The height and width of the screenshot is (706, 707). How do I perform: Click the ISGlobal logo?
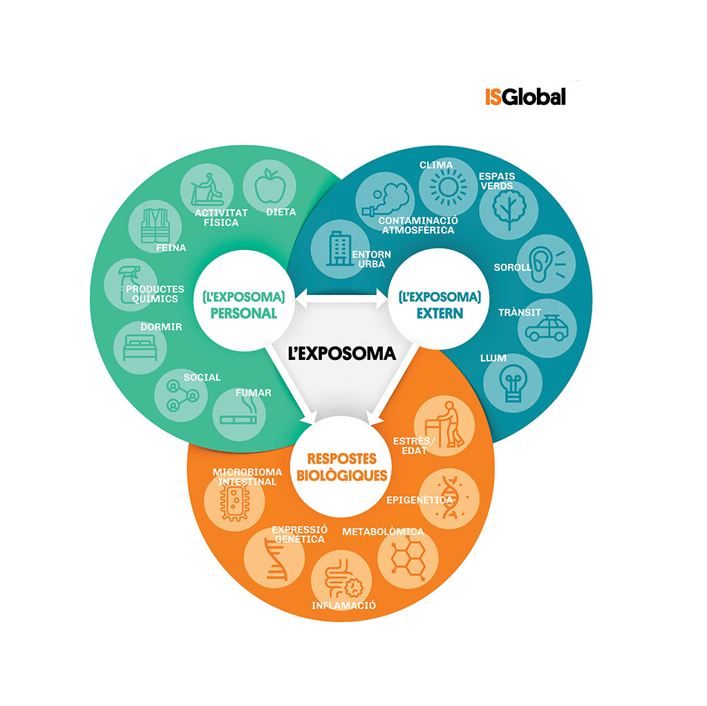[525, 97]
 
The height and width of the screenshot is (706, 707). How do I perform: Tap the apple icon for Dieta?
[270, 186]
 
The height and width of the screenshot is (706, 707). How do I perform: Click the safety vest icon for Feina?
[155, 225]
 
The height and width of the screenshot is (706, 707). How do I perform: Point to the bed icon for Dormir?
[140, 347]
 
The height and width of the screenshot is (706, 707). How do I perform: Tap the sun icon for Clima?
[448, 187]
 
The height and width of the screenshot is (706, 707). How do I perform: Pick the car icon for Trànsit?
[547, 328]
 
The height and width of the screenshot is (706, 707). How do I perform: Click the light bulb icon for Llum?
[513, 383]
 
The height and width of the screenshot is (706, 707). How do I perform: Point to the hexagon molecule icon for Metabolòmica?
[408, 559]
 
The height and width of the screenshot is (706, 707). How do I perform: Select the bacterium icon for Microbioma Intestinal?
[234, 501]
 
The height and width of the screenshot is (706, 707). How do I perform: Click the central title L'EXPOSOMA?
[342, 354]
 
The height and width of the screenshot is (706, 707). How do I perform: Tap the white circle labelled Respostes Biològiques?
[341, 467]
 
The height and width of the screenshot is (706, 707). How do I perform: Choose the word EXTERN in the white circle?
[440, 314]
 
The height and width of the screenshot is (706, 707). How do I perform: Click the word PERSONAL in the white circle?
[243, 314]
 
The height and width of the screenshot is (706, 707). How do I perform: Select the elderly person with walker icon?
[445, 424]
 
